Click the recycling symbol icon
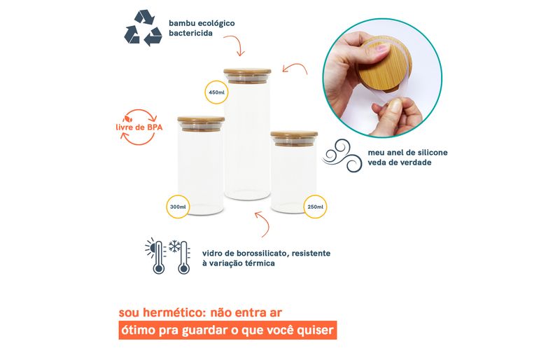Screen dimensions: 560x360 tap(143, 28)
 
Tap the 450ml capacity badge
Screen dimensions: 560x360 tap(216, 92)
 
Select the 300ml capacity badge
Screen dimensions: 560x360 tap(178, 207)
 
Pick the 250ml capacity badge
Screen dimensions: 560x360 tap(315, 207)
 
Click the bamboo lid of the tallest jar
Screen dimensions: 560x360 tap(247, 71)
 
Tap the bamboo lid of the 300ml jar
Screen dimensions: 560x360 tap(201, 120)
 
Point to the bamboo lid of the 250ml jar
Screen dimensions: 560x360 tap(294, 134)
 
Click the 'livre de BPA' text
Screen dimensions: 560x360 tap(139, 127)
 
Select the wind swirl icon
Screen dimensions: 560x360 tap(342, 155)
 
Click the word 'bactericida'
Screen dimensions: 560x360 tap(190, 33)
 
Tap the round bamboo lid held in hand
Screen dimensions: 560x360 tap(384, 67)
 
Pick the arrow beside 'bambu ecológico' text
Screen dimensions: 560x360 tap(235, 45)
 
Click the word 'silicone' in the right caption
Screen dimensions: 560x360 tap(432, 153)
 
